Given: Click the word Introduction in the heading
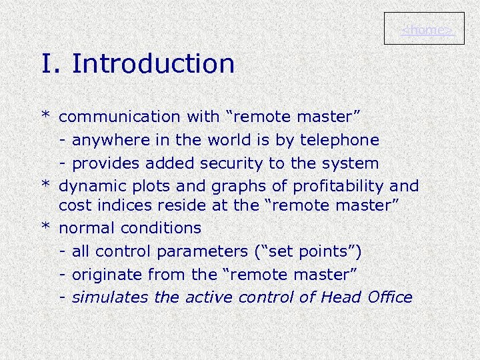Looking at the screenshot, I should [x=153, y=64].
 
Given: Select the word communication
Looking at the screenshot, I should [x=119, y=117].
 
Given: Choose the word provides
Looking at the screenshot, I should [x=103, y=163].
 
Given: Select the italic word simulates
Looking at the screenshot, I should [x=110, y=297].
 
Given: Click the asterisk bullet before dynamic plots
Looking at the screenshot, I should [x=46, y=185].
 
